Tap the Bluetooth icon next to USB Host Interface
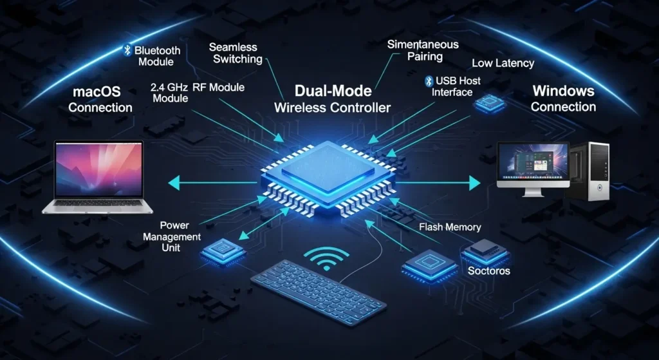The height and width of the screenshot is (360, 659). tap(428, 81)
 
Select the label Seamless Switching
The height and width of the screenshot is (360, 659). tap(234, 53)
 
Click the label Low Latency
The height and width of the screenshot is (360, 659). tap(503, 63)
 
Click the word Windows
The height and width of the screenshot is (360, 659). tap(563, 91)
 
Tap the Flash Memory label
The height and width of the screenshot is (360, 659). tap(450, 227)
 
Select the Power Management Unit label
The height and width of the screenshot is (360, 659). tap(172, 236)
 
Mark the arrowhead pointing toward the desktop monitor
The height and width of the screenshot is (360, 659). tap(475, 184)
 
